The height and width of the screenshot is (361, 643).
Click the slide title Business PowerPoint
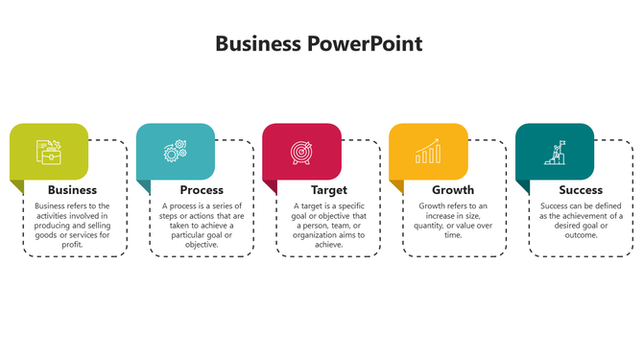319,44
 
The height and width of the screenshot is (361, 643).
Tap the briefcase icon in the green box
48,152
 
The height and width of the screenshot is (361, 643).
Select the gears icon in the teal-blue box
175,152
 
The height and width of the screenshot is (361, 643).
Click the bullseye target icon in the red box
301,152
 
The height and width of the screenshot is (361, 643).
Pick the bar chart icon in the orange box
428,152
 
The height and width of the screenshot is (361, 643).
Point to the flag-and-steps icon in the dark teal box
555,152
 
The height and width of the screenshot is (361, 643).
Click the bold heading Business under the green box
72,190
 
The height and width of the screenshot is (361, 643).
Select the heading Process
202,190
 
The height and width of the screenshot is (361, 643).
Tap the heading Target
328,190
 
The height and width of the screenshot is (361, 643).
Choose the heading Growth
453,190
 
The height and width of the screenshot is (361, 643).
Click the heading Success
581,190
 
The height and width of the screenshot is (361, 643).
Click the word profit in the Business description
72,245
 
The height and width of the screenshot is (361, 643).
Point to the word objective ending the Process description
202,245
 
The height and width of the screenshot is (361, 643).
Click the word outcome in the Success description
581,235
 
